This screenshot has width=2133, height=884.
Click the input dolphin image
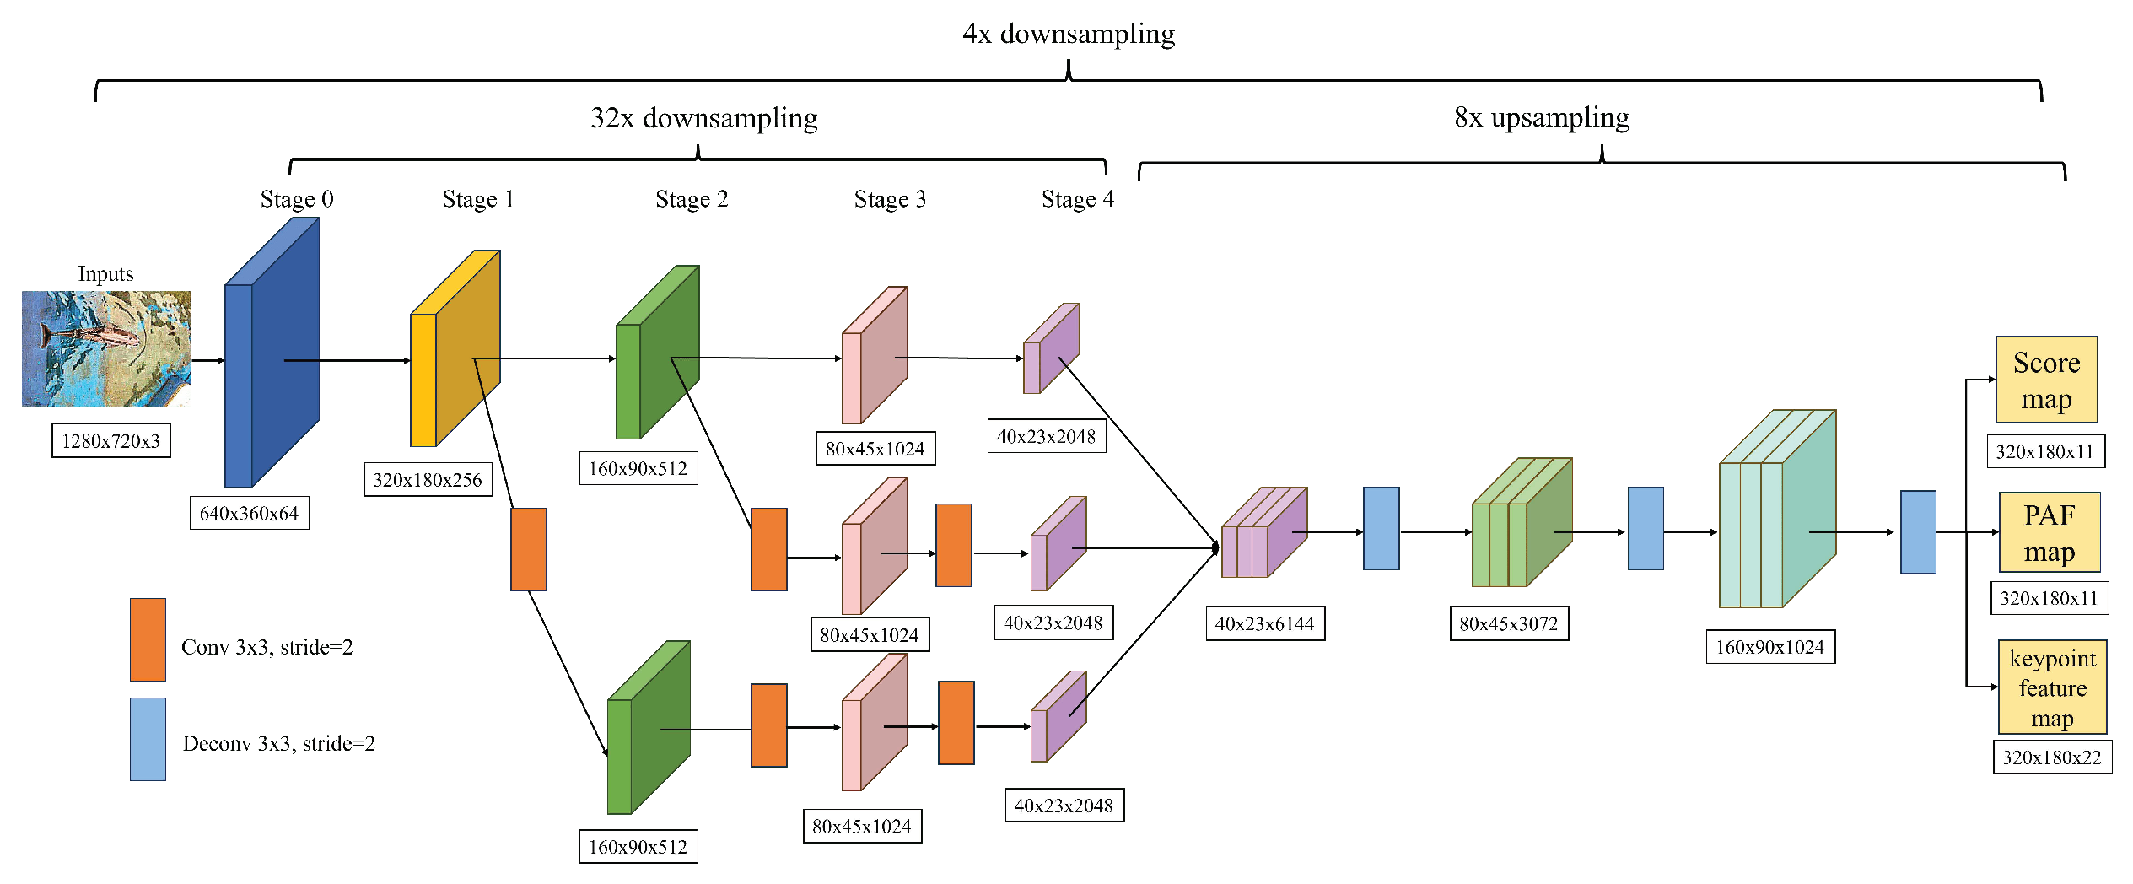pos(106,348)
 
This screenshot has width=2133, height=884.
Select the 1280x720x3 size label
pos(110,440)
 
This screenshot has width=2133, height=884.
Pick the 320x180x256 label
pos(428,480)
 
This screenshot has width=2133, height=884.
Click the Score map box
pos(2046,380)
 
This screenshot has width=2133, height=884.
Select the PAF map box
pos(2049,533)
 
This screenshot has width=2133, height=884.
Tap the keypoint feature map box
pos(2052,687)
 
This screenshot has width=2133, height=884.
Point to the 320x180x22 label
pos(2052,757)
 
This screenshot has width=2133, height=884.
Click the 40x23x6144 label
pos(1264,624)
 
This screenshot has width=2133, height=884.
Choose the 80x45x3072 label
pos(1509,624)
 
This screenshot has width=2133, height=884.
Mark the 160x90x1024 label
pos(1769,647)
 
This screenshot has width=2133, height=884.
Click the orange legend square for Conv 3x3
pos(148,639)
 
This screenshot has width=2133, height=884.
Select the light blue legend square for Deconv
pos(148,739)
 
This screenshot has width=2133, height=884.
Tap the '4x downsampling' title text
pos(1068,34)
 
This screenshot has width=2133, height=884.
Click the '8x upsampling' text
pos(1541,117)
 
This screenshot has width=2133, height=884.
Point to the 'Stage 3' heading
pos(890,199)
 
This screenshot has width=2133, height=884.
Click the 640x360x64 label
pos(249,513)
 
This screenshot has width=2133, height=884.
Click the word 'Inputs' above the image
pos(105,274)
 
